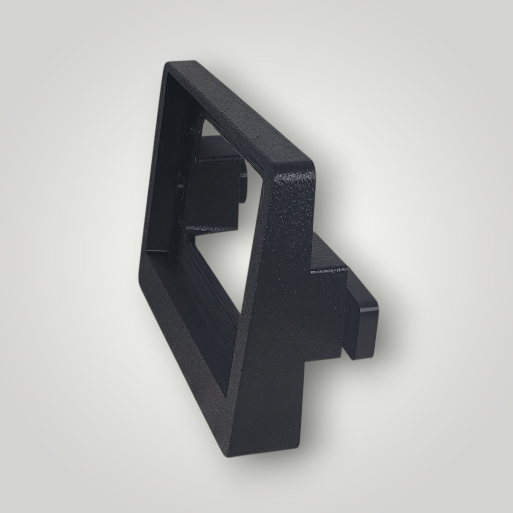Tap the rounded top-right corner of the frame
309,164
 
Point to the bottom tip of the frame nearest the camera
228,454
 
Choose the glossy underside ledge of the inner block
211,229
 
